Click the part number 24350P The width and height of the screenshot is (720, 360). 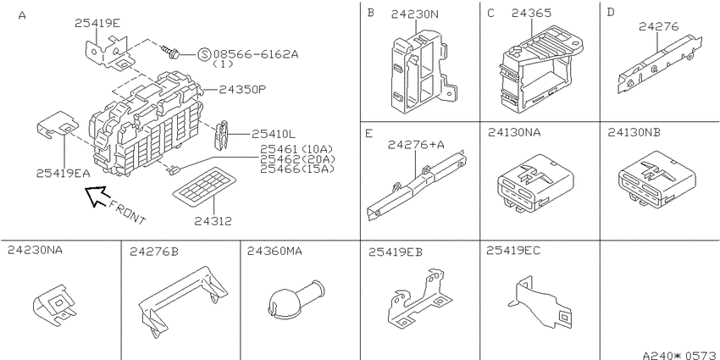click(242, 89)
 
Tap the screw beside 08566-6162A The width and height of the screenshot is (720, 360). click(170, 51)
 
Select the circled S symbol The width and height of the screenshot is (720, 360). click(204, 55)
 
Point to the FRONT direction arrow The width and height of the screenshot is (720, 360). click(97, 197)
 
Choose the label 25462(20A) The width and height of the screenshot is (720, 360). click(297, 159)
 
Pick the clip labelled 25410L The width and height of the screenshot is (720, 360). click(222, 134)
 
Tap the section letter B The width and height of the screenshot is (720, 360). click(370, 13)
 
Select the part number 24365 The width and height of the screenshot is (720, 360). click(531, 14)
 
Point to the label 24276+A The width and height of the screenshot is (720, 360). click(416, 145)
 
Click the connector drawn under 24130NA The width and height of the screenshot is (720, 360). click(535, 183)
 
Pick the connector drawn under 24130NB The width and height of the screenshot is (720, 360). click(656, 181)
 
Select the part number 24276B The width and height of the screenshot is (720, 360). click(153, 252)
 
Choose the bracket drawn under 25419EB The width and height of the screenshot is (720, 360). click(417, 299)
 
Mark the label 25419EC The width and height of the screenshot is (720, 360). click(513, 250)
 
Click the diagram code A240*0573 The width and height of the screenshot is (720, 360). click(680, 355)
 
